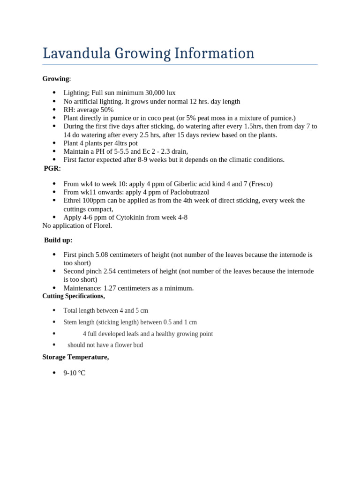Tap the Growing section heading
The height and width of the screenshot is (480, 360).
pyautogui.click(x=55, y=79)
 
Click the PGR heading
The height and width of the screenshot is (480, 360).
pyautogui.click(x=52, y=168)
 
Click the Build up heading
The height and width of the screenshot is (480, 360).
pyautogui.click(x=58, y=240)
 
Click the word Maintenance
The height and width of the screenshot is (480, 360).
pyautogui.click(x=82, y=288)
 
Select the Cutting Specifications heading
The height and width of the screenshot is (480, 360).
pyautogui.click(x=74, y=296)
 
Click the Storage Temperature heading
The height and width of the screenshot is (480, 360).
pyautogui.click(x=75, y=357)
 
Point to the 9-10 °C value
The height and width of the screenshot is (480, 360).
pyautogui.click(x=75, y=373)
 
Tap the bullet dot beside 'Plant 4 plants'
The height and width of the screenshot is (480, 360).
pyautogui.click(x=54, y=143)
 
